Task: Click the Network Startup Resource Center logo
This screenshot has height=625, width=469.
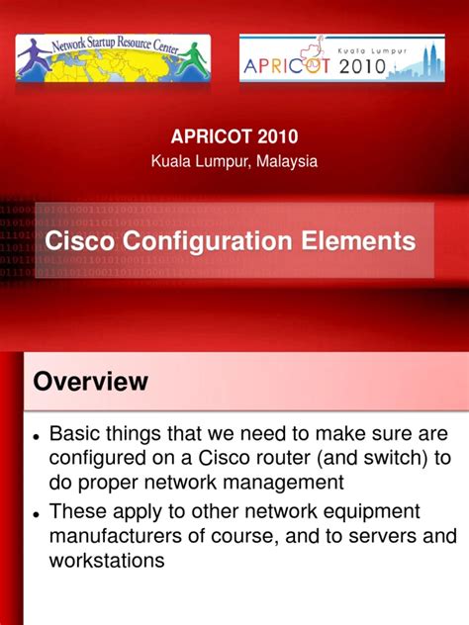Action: (113, 56)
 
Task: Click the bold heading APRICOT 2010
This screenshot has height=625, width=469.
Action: (234, 136)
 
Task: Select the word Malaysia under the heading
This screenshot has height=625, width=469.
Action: (285, 160)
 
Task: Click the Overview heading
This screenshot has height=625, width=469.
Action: (90, 382)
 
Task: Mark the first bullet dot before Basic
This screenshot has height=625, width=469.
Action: (36, 436)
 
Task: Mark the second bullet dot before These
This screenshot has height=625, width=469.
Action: (36, 513)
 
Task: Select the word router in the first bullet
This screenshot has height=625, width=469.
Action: (266, 459)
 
